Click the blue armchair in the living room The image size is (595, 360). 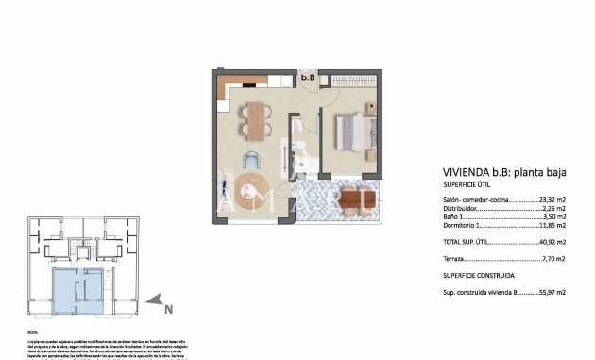(252, 162)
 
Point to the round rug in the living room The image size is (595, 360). (252, 192)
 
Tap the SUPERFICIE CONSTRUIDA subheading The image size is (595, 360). (479, 275)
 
